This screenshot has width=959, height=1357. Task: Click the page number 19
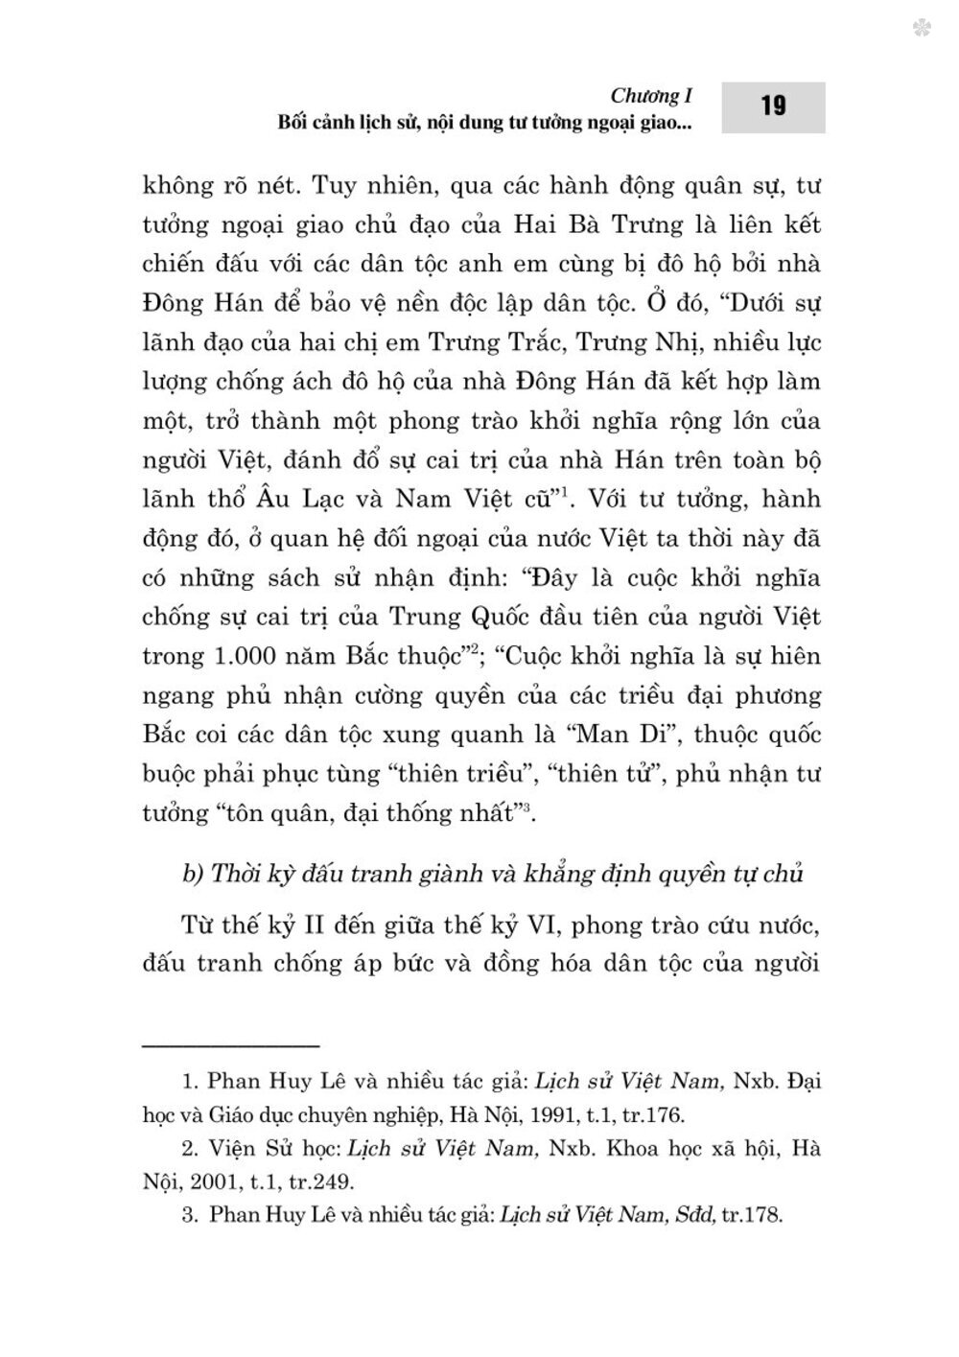pyautogui.click(x=774, y=106)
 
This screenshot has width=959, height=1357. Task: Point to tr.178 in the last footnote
pyautogui.click(x=754, y=1217)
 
